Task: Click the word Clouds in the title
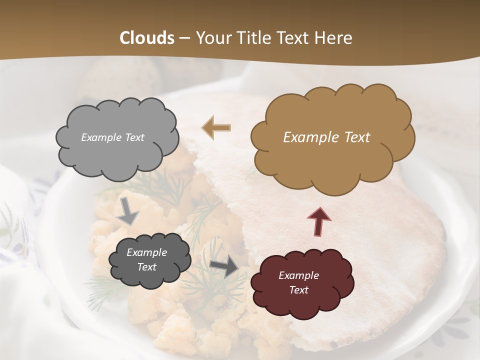tap(147, 38)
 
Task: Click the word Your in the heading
tap(211, 38)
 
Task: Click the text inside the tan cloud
tap(326, 137)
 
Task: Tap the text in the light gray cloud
tap(112, 137)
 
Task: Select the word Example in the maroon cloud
tap(298, 275)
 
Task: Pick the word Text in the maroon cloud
tap(298, 290)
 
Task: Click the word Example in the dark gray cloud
tap(146, 252)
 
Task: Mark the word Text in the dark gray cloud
tap(146, 267)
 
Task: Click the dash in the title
tap(184, 38)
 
